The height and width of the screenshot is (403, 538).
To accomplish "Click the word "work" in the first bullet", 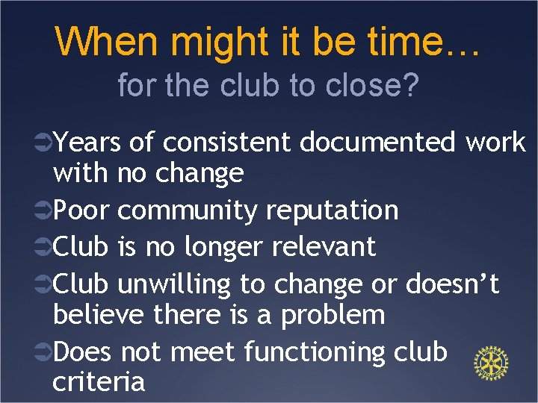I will point(495,142).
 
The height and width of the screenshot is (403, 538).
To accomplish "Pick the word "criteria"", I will point(99,381).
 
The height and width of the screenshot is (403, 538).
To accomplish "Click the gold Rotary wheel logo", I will point(491,363).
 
